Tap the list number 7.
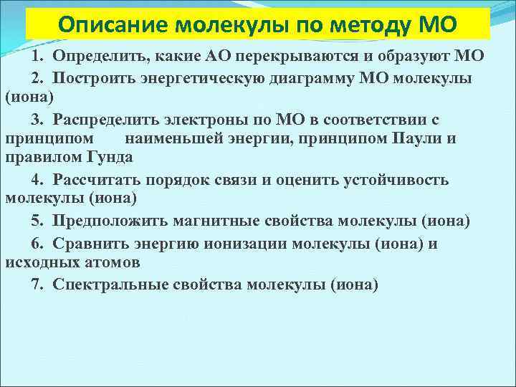[35, 284]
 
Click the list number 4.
[35, 179]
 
